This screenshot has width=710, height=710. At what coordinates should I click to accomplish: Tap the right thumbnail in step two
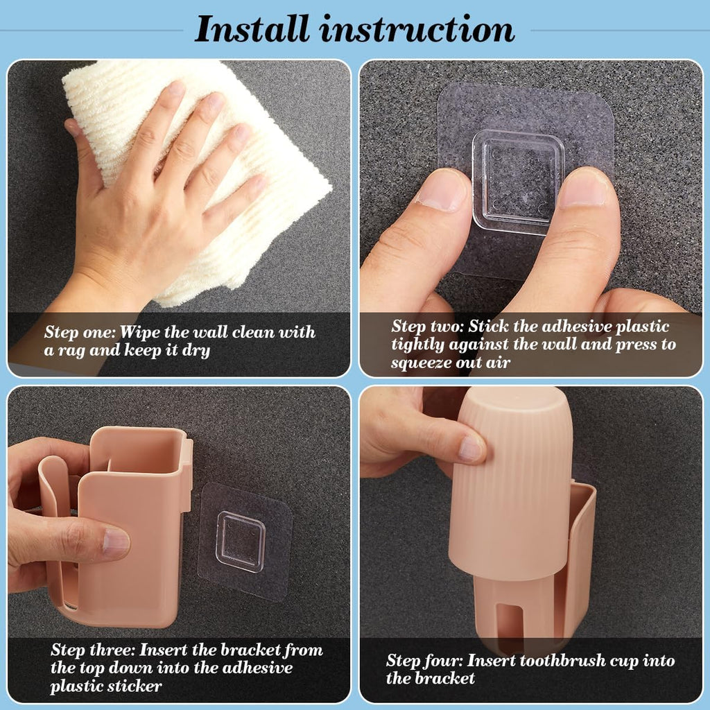[584, 188]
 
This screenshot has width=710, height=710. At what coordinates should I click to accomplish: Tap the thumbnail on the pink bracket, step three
[116, 544]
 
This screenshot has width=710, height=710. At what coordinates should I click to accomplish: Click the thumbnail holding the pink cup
[471, 449]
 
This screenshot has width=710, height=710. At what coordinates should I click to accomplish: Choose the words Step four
[424, 661]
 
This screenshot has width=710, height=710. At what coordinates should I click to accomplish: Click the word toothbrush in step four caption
[536, 661]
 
